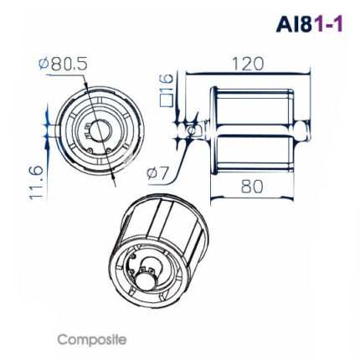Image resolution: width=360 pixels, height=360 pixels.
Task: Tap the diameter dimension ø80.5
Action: [x=65, y=63]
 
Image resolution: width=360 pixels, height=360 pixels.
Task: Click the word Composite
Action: [x=91, y=340]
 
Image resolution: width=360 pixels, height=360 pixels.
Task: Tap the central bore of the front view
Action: [x=99, y=131]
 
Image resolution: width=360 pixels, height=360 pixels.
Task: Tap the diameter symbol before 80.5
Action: [x=44, y=63]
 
